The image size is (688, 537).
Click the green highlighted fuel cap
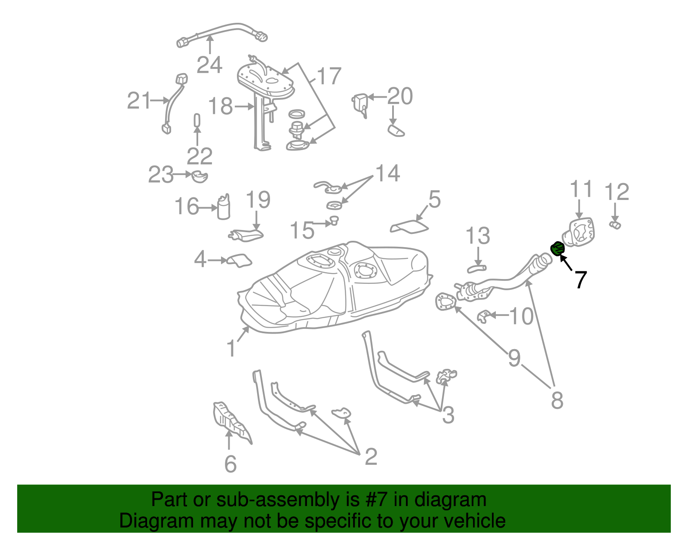[x=557, y=248]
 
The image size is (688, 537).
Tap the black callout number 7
[x=580, y=280]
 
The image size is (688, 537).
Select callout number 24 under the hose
[x=209, y=65]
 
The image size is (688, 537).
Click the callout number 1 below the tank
[x=231, y=348]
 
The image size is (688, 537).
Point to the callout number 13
[x=478, y=236]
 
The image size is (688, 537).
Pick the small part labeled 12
[x=615, y=225]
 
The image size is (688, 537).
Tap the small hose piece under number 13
[x=476, y=269]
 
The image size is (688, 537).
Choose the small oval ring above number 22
[x=197, y=120]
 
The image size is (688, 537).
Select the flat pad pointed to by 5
[x=409, y=227]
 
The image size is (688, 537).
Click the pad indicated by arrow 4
[x=239, y=260]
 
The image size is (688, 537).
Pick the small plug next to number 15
[x=334, y=221]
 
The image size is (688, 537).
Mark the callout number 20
[x=400, y=96]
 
